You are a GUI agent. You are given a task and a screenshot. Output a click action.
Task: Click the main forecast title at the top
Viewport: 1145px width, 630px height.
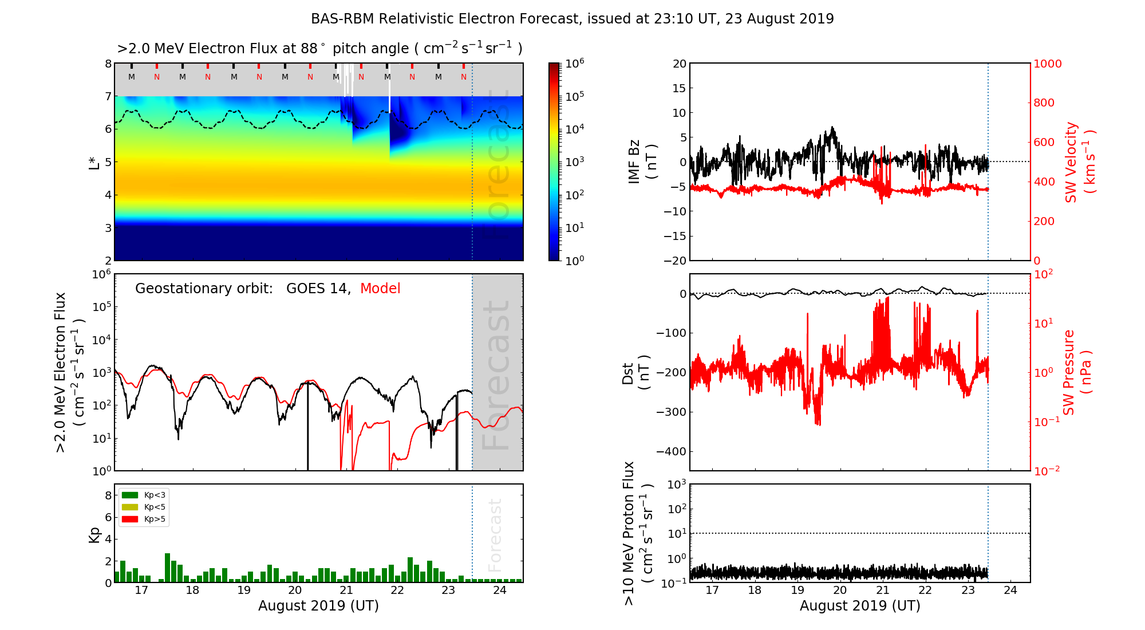[572, 19]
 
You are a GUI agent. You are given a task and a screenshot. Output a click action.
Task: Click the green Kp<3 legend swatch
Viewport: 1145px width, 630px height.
[130, 495]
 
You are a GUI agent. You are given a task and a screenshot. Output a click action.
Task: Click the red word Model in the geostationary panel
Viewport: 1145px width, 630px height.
[380, 289]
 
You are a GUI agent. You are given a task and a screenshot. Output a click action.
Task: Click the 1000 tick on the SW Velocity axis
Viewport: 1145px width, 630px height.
[1047, 64]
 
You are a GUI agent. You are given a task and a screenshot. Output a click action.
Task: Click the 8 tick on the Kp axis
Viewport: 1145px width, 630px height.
[108, 495]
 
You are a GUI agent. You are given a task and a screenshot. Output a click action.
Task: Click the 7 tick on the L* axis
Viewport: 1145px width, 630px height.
[108, 96]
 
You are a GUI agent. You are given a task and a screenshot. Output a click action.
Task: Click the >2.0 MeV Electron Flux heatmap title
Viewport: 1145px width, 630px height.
[319, 49]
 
